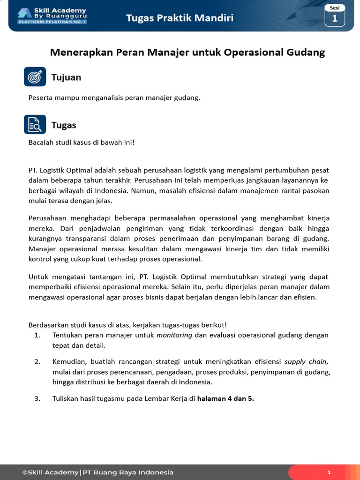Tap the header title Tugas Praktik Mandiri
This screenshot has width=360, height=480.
pos(180,18)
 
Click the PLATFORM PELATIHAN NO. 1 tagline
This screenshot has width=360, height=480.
pos(52,22)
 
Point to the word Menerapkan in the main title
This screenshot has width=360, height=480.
pos(77,52)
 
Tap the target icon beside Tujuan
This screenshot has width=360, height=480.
pos(35,77)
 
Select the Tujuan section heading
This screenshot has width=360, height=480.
pos(66,77)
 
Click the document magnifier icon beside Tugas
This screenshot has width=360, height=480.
pos(35,125)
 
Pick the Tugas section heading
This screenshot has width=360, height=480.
pos(64,125)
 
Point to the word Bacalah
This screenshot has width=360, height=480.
pos(42,142)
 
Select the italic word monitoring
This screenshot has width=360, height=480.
pos(174,335)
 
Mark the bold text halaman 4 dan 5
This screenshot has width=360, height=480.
pos(225,398)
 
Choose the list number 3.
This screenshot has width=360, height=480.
pos(37,398)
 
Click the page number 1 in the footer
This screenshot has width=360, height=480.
pos(329,472)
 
